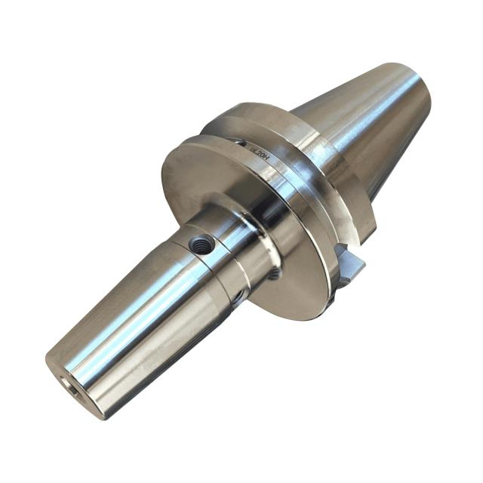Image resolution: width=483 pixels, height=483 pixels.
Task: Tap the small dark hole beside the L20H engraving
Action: pos(240,141)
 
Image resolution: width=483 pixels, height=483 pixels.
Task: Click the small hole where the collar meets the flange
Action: pos(274,273)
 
